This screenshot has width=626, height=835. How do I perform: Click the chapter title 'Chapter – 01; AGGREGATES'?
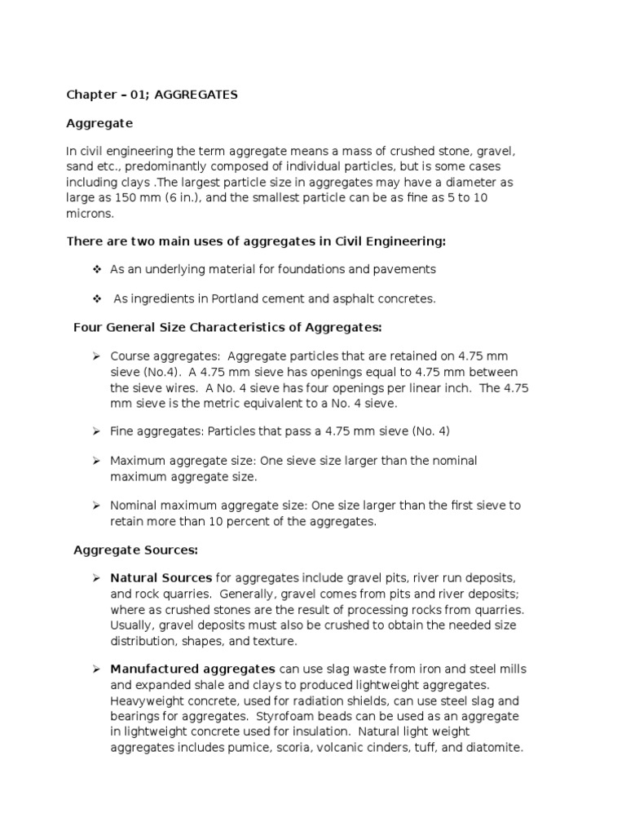(152, 95)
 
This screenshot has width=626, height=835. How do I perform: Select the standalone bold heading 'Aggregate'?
(99, 124)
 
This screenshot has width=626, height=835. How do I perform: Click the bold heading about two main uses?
(255, 241)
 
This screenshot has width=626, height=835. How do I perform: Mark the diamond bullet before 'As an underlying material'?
(96, 269)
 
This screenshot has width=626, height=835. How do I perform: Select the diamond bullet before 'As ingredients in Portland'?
(96, 299)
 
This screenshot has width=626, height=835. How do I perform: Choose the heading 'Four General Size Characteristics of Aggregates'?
(227, 328)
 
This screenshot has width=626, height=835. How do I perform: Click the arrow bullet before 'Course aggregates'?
(95, 356)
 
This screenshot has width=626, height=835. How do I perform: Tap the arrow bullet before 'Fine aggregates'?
(95, 431)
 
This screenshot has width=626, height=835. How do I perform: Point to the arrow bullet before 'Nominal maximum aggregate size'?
(95, 506)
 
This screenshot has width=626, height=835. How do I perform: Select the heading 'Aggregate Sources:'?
(136, 550)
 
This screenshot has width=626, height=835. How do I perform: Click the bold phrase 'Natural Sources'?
(161, 579)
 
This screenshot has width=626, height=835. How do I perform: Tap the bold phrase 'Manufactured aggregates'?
(192, 669)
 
